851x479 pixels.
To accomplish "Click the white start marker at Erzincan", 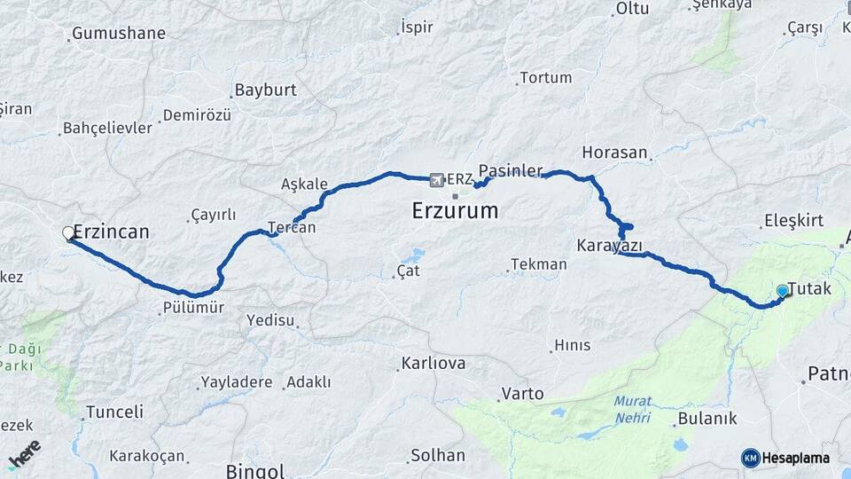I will pyautogui.click(x=68, y=233).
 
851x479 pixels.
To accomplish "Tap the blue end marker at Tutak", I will pyautogui.click(x=782, y=291).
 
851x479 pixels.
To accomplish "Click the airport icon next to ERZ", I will pyautogui.click(x=436, y=180).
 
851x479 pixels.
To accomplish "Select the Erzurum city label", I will pyautogui.click(x=455, y=211).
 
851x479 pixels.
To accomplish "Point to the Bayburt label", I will pyautogui.click(x=265, y=90).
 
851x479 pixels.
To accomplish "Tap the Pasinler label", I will pyautogui.click(x=510, y=170).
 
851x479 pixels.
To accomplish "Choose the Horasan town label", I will pyautogui.click(x=615, y=153).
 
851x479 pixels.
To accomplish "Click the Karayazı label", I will pyautogui.click(x=609, y=246).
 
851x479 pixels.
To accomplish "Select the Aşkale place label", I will pyautogui.click(x=304, y=185).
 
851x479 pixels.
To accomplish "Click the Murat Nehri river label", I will pyautogui.click(x=632, y=408).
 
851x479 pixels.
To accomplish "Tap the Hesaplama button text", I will pyautogui.click(x=796, y=458).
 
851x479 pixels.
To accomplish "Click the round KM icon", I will pyautogui.click(x=750, y=458).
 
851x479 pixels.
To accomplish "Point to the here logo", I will pyautogui.click(x=24, y=453).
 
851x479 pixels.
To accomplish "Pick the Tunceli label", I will pyautogui.click(x=114, y=412).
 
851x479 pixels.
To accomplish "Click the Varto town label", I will pyautogui.click(x=523, y=393).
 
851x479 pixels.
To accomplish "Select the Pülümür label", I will pyautogui.click(x=193, y=308).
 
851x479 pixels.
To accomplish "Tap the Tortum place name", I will pyautogui.click(x=545, y=78).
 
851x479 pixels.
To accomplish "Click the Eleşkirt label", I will pyautogui.click(x=793, y=221).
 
